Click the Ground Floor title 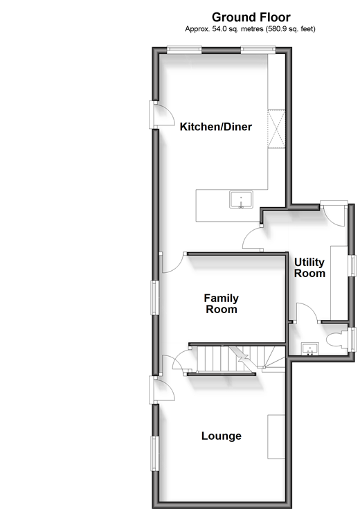point(251,17)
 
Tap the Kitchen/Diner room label point(216,127)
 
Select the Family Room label point(221,303)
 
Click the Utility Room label point(309,267)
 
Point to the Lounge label point(222,436)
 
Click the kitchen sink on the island point(241,200)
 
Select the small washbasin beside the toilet point(310,349)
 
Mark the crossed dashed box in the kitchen point(277,130)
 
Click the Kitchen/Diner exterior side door point(162,114)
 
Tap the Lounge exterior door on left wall point(162,389)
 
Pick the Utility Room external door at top point(334,213)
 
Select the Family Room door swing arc point(172,263)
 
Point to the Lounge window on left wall point(154,453)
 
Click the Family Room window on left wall point(154,298)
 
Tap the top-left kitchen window point(183,49)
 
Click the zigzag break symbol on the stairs point(244,358)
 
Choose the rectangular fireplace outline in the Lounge point(276,436)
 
